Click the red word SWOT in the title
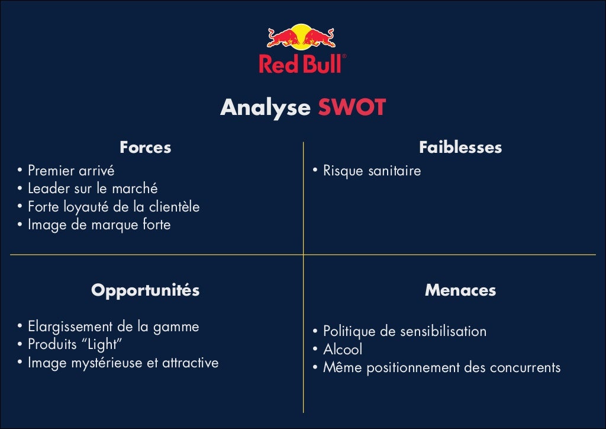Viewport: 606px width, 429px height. (352, 108)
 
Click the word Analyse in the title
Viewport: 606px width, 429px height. (265, 108)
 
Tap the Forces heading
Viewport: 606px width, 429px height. (145, 148)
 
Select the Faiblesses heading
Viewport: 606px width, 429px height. (460, 148)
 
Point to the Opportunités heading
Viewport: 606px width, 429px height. (145, 290)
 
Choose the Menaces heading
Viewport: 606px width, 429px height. (460, 290)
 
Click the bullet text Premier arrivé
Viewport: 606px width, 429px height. (71, 171)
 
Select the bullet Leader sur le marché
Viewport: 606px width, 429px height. (93, 189)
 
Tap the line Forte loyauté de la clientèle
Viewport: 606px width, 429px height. (114, 207)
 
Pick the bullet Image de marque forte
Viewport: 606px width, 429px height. (99, 225)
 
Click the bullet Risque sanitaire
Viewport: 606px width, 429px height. (372, 171)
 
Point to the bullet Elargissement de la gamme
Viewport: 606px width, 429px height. (114, 326)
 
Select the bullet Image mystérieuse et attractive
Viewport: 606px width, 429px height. (123, 363)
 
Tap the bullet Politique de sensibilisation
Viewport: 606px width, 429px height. (405, 331)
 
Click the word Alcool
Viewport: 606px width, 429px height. (343, 350)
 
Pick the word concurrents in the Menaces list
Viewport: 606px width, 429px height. (525, 367)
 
